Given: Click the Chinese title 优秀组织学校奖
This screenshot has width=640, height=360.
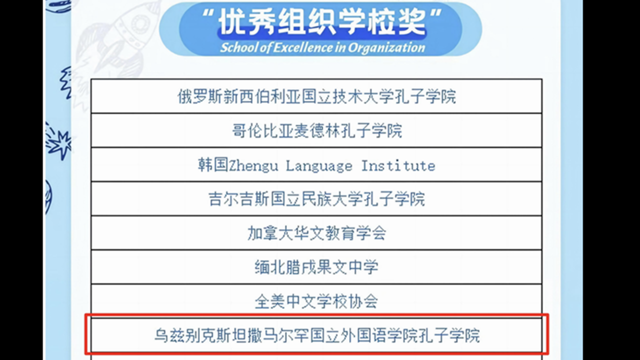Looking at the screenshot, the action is tap(322, 22).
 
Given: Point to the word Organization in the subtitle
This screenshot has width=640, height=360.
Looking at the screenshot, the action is tap(386, 48).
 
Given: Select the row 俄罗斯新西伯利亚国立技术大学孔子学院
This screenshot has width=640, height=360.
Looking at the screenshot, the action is tap(316, 96).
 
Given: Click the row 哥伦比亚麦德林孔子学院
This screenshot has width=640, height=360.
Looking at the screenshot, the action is tap(317, 131).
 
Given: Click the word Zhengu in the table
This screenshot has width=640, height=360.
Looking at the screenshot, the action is tap(253, 166).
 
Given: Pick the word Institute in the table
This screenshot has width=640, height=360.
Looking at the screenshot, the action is tap(398, 165).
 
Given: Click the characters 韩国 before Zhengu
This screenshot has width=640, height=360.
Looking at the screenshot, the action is tap(213, 165).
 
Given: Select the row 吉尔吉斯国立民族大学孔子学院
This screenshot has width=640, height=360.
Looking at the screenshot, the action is tap(316, 199).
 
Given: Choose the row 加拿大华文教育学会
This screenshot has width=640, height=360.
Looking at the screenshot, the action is tap(316, 233).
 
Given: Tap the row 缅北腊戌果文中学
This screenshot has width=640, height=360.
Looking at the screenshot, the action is tap(316, 267).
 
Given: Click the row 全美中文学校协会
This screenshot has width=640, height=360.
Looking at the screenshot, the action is tap(316, 301).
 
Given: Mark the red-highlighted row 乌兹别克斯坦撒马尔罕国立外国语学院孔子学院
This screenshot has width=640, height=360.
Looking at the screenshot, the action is tap(317, 335).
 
